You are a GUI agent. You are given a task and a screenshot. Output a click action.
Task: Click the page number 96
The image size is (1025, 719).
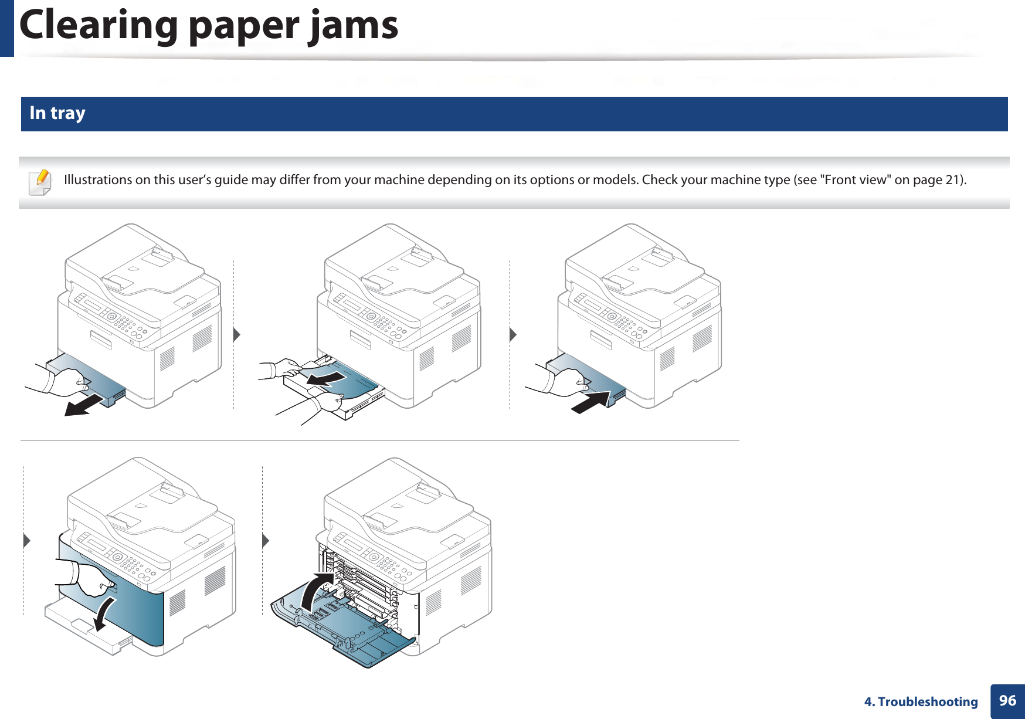click(x=1007, y=700)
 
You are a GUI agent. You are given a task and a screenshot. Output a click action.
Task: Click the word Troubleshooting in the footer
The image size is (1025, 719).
click(x=928, y=702)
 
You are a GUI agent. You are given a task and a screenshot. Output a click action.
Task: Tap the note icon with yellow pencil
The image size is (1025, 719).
click(x=39, y=182)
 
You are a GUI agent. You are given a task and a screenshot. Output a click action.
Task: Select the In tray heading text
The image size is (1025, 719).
click(x=57, y=113)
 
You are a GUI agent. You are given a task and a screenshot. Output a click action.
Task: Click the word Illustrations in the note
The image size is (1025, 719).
click(x=97, y=180)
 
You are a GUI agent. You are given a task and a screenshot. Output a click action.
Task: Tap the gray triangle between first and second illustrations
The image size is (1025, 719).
click(x=236, y=335)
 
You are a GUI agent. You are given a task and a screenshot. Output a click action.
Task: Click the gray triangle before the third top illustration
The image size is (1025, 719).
click(x=512, y=335)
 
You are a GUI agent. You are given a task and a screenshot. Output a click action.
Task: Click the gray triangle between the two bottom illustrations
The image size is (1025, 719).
click(x=265, y=540)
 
